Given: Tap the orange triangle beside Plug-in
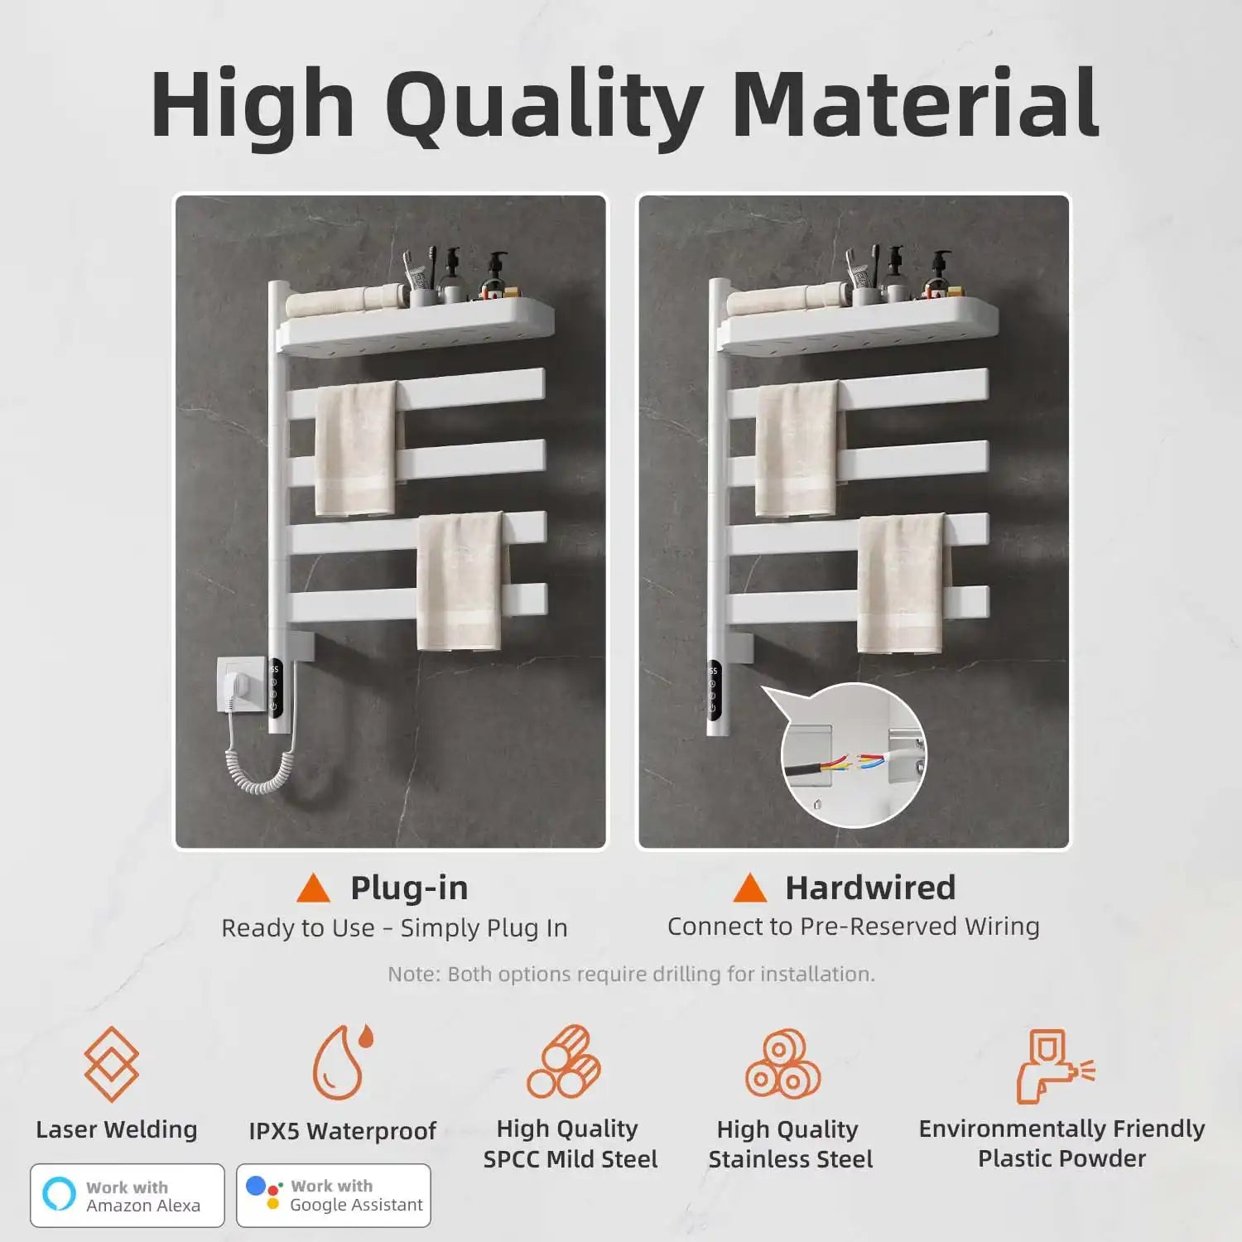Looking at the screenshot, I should [314, 888].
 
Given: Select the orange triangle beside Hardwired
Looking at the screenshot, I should [749, 888].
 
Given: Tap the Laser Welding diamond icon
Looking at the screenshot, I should [112, 1064].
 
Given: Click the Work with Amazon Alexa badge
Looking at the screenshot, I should [128, 1196].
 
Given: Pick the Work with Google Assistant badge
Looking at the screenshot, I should [334, 1196].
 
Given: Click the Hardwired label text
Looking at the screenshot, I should [870, 888].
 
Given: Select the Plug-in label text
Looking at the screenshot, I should [409, 888].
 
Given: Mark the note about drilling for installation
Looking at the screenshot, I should [631, 974].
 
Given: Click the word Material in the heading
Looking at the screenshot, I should [915, 106].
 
